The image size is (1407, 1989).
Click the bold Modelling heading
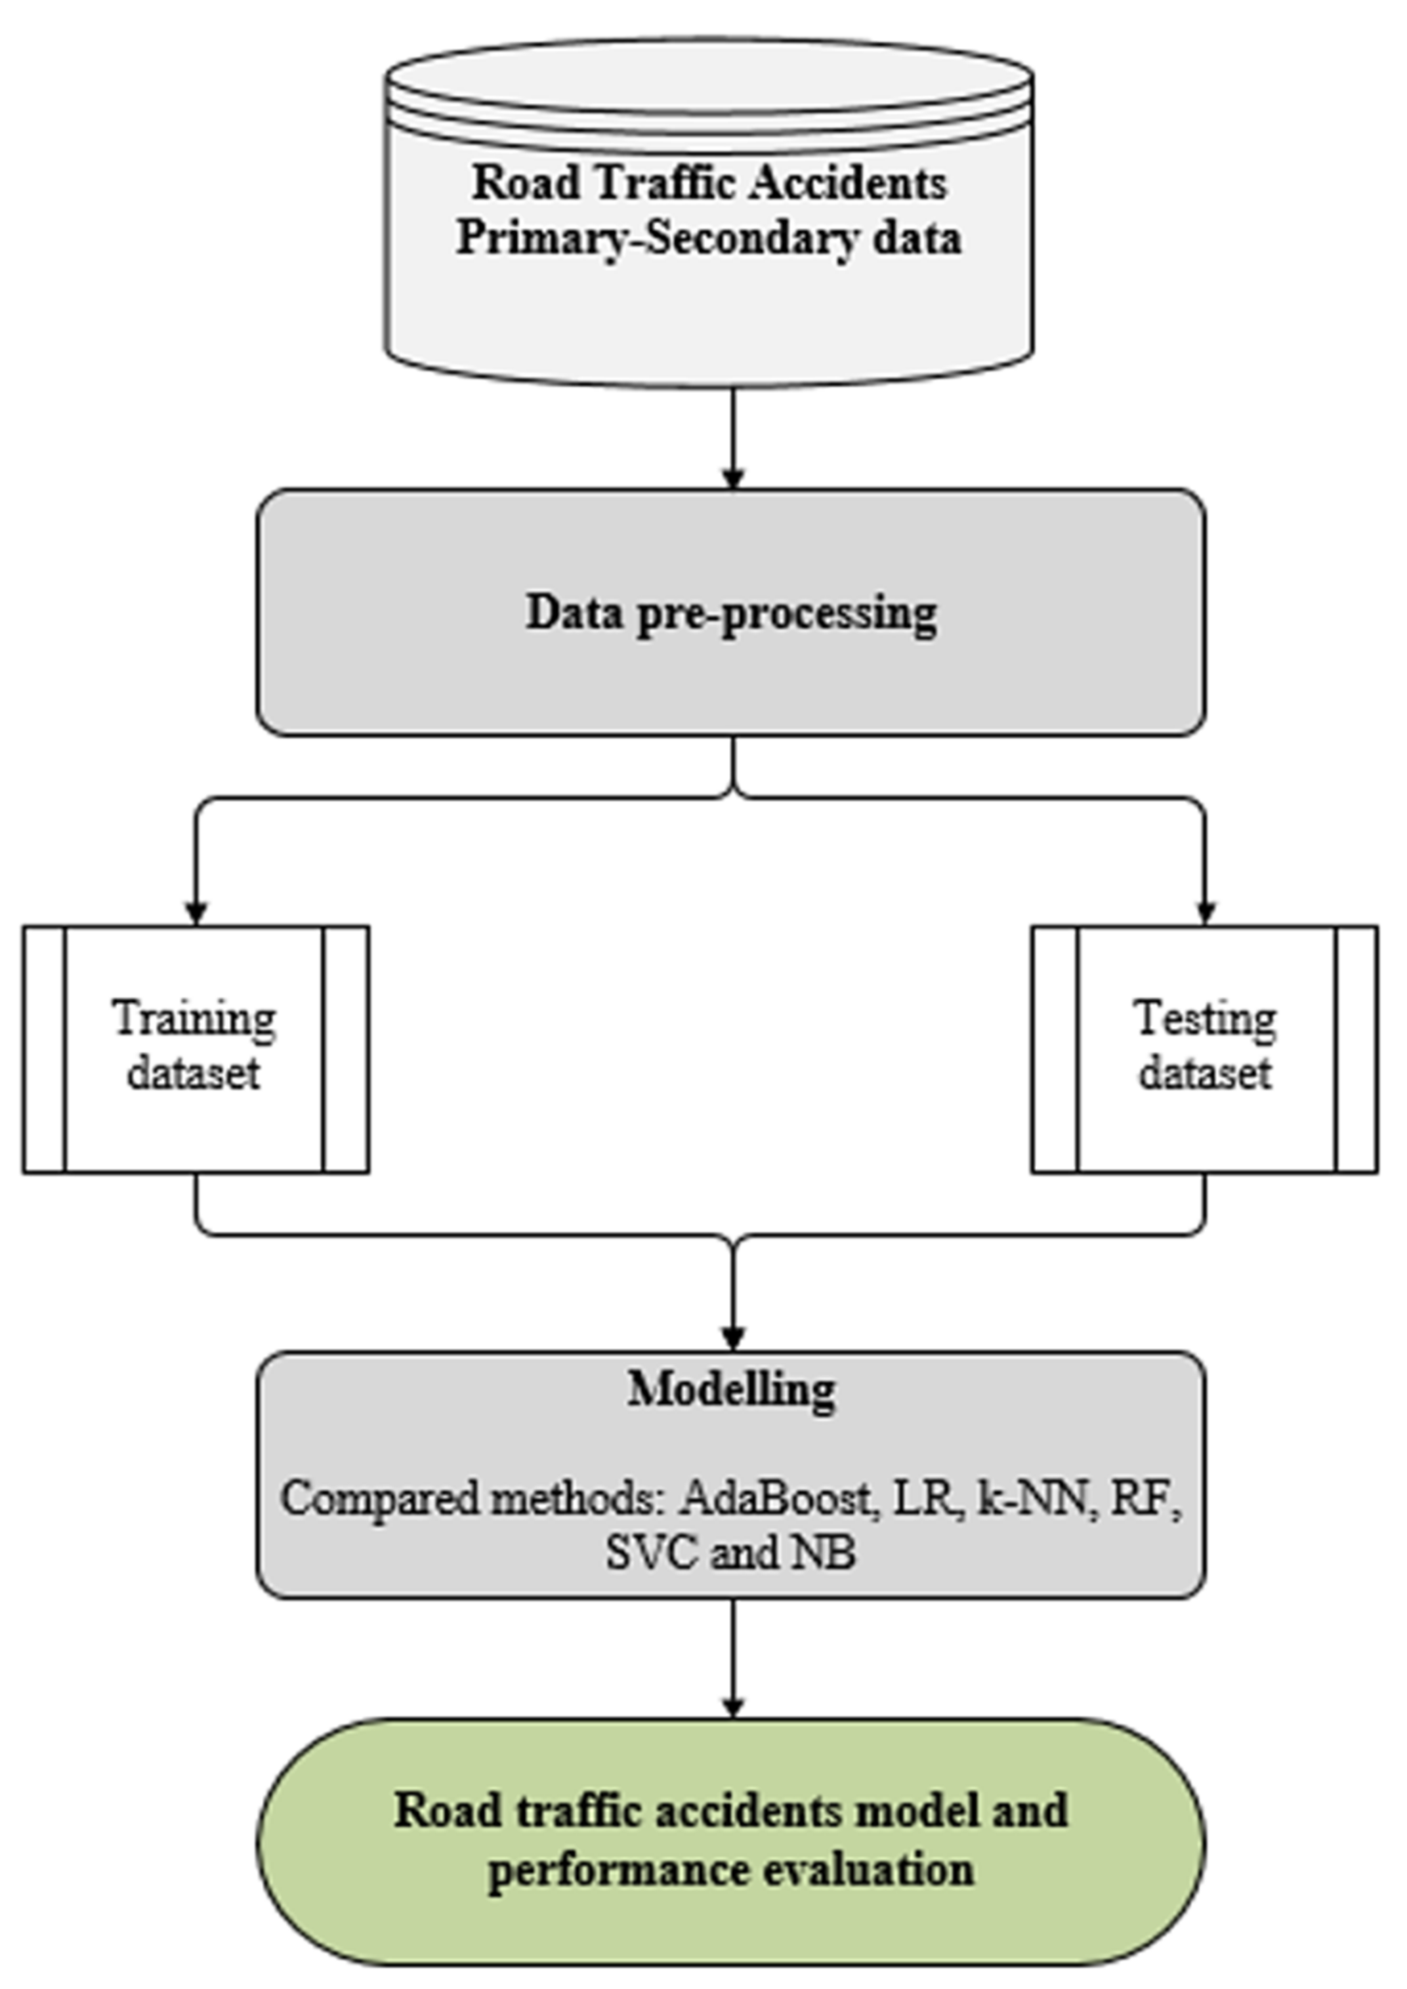click(732, 1389)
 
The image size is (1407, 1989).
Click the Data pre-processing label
click(732, 613)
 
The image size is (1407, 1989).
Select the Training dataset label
click(194, 1046)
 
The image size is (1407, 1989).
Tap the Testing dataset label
click(1205, 1046)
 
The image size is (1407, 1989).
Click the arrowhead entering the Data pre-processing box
click(733, 478)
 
